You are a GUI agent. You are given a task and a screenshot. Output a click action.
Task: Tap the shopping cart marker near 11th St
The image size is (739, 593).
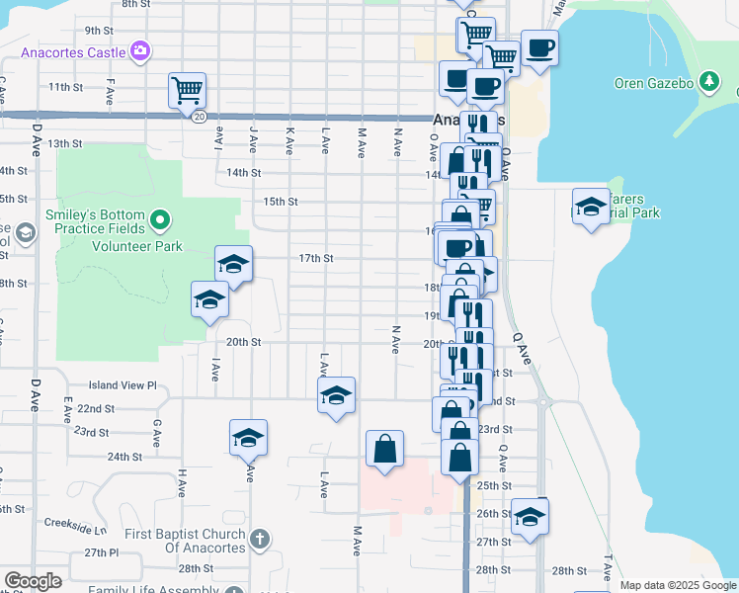[187, 90]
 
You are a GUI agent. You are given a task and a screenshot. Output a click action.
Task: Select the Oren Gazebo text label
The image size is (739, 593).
[656, 82]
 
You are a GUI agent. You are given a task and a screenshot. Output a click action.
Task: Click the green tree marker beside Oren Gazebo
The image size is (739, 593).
[708, 81]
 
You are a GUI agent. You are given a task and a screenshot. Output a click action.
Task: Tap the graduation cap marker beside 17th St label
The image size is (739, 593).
[234, 264]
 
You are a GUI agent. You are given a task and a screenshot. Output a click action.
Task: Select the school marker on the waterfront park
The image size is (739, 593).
[591, 206]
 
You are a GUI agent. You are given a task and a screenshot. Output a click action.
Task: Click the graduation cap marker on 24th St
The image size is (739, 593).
[248, 438]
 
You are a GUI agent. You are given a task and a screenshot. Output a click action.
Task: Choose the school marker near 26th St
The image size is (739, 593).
[530, 516]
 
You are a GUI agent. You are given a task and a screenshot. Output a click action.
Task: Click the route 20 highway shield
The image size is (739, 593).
[199, 117]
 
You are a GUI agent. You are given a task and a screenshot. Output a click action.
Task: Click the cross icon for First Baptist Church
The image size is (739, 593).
[259, 540]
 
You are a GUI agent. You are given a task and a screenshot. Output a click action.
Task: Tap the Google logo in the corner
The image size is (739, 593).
[33, 581]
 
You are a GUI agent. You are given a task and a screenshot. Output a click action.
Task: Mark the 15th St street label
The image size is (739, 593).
[281, 202]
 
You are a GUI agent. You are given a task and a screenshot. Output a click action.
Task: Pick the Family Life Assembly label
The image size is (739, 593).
[153, 590]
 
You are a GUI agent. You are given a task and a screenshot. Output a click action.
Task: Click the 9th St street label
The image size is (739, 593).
[100, 31]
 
